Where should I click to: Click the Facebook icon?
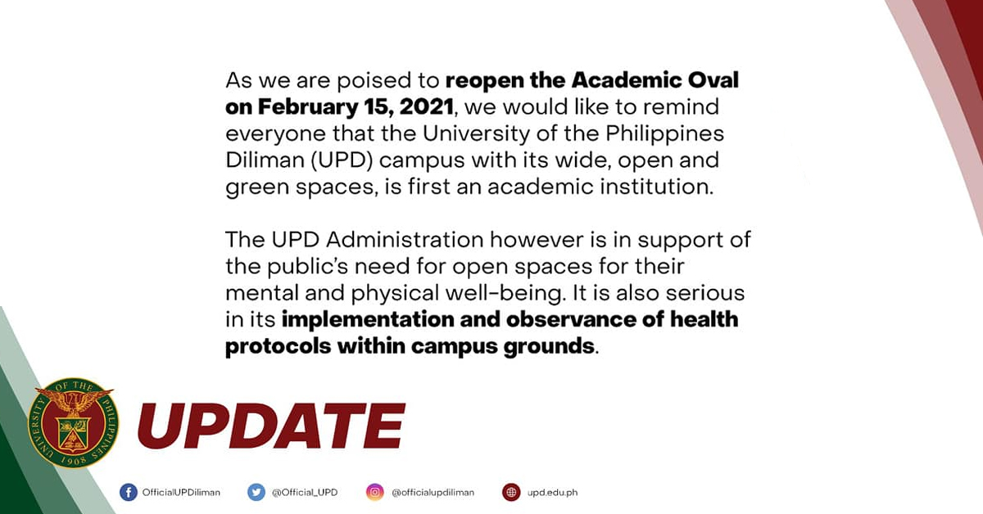point(128,492)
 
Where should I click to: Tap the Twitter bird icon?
point(256,492)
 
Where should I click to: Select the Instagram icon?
point(375,492)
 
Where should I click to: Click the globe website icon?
point(511,492)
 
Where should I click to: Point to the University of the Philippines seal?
point(73,423)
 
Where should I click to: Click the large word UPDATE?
point(271,426)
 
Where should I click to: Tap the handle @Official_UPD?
point(305,493)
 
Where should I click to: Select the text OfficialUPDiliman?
point(181,493)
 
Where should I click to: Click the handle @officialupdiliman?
point(433,493)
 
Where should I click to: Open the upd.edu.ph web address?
point(552,493)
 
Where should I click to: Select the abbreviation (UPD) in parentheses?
point(342,160)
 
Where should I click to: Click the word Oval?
point(713,80)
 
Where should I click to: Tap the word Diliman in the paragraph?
point(265,160)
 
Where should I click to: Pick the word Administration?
point(405,240)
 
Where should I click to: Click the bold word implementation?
point(367,320)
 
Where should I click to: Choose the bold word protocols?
point(279,346)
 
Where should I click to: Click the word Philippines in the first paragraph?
point(664,133)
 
